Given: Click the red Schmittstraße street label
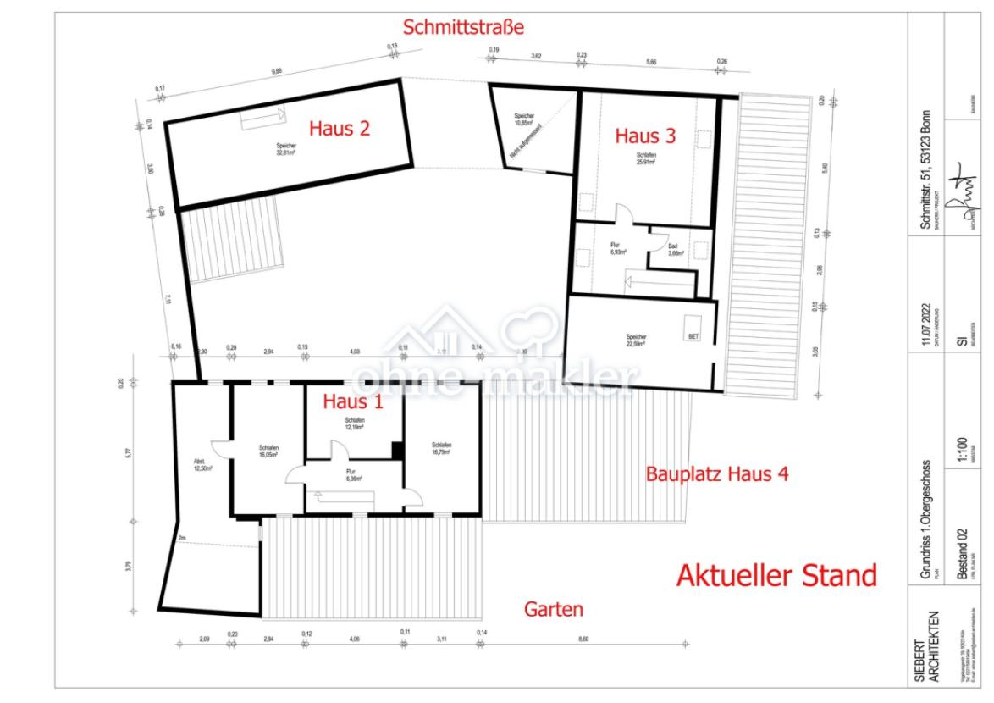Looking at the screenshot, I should click(x=463, y=27).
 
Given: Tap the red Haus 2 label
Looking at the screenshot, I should click(x=339, y=129).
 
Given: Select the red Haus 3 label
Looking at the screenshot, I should click(x=645, y=136).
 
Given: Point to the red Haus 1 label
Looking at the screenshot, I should click(x=353, y=401).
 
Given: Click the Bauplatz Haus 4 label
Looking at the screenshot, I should click(x=717, y=474).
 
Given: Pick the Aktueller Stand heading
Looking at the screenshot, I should click(x=776, y=576).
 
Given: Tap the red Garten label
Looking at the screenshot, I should click(x=553, y=608).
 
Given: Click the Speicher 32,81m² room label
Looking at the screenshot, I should click(x=285, y=149).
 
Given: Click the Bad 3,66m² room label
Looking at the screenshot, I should click(x=675, y=250).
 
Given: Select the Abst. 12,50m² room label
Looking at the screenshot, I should click(x=202, y=464).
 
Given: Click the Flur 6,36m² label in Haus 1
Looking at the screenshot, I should click(x=351, y=474).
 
